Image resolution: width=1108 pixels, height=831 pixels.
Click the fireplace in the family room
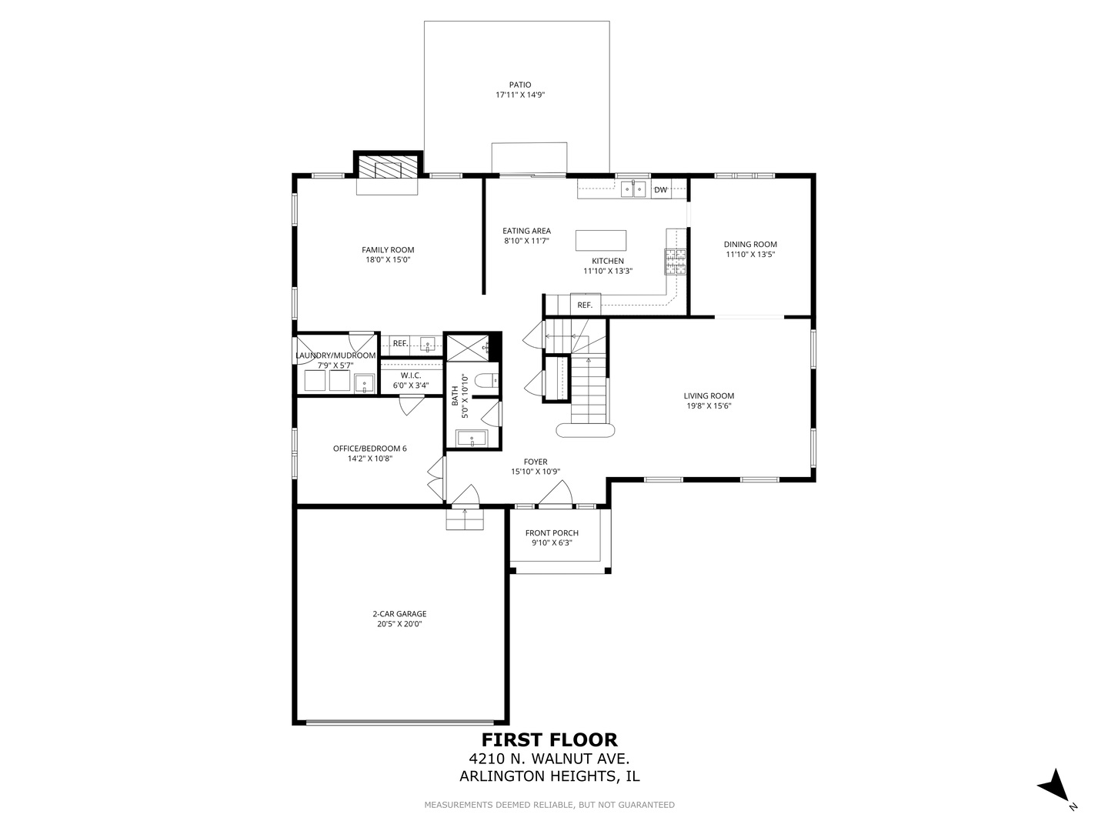[388, 169]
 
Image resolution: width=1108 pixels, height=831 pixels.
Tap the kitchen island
[601, 240]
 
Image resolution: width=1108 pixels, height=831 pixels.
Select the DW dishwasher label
[660, 189]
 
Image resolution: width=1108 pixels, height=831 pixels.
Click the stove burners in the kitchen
[676, 262]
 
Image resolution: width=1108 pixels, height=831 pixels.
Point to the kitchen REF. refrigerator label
[585, 305]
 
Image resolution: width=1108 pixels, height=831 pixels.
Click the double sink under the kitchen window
[633, 188]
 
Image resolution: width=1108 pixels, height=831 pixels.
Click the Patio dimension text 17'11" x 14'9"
[520, 95]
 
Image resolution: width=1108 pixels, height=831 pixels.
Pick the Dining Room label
[750, 244]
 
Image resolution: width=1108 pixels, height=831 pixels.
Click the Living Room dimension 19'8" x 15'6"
[708, 405]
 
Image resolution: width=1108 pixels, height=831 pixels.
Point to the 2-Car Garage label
[399, 614]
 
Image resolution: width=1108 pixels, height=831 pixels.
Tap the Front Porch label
[552, 533]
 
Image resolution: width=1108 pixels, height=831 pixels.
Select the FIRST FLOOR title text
[549, 740]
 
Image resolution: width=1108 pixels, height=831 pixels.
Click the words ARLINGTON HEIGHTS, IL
[549, 776]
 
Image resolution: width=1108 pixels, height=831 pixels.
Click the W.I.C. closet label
[411, 375]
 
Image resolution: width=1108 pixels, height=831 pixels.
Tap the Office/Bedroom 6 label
[369, 449]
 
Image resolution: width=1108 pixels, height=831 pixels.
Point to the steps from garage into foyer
[465, 520]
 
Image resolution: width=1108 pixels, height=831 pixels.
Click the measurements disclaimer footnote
[549, 805]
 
